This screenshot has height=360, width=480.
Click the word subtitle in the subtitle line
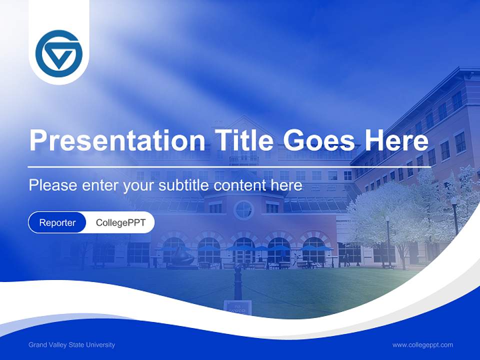point(184,185)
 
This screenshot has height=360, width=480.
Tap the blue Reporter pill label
point(57,222)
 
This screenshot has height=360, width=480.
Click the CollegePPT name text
point(120,222)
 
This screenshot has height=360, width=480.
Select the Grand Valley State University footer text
point(71,345)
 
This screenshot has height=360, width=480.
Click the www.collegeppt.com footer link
point(422,345)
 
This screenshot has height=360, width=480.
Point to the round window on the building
point(243,209)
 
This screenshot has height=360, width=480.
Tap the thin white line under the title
point(229,167)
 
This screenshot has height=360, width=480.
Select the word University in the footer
point(101,345)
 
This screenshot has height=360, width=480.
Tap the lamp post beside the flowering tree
point(387,240)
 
